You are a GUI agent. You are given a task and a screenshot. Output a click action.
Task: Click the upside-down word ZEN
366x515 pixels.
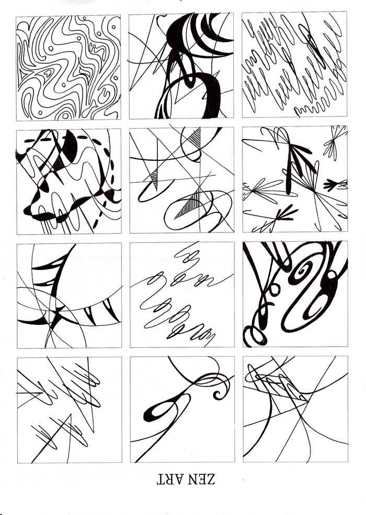pyautogui.click(x=201, y=479)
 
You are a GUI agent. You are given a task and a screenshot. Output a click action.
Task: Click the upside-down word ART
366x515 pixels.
pyautogui.click(x=169, y=479)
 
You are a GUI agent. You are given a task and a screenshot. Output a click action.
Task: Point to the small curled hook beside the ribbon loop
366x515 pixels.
pyautogui.click(x=219, y=394)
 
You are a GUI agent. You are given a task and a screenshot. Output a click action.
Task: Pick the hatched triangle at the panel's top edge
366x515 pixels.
pyautogui.click(x=195, y=137)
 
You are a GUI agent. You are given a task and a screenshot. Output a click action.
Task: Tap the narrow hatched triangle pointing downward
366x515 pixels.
pyautogui.click(x=154, y=179)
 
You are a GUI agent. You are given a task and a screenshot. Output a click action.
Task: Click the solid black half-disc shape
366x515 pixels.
pyautogui.click(x=70, y=146)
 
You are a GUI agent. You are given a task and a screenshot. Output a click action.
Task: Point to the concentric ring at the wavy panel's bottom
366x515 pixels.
pyautogui.click(x=65, y=115)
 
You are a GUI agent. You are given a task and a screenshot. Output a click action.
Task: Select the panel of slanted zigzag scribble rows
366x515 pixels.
pyautogui.click(x=294, y=64)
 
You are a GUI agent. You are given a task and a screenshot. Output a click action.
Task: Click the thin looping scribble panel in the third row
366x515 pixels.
pyautogui.click(x=182, y=295)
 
